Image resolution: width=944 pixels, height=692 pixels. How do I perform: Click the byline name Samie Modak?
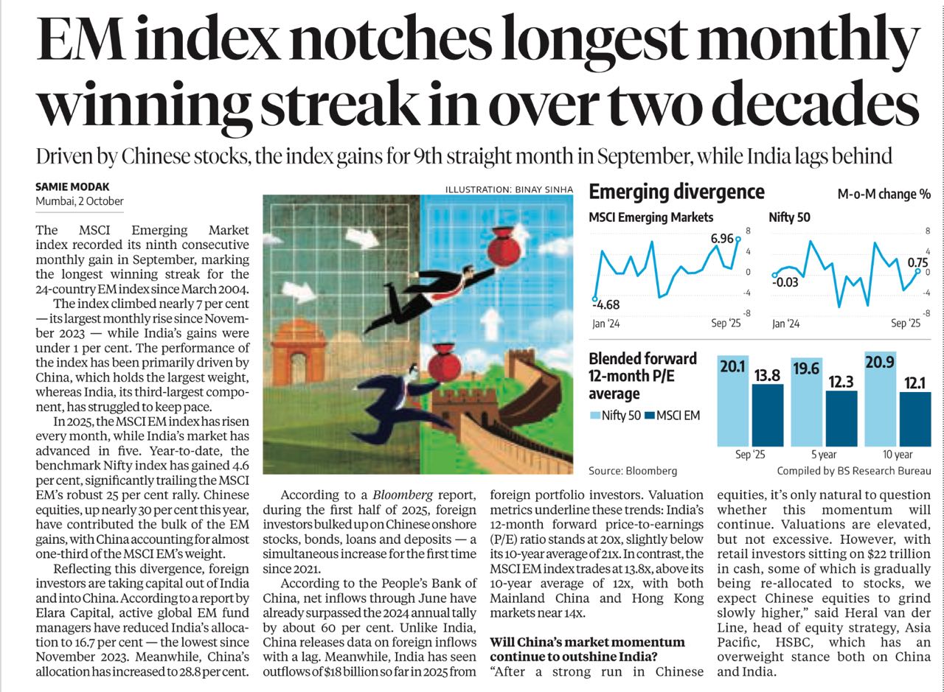click(x=71, y=188)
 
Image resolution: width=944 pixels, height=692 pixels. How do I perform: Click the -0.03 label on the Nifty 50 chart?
click(x=785, y=281)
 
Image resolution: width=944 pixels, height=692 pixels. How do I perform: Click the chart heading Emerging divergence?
click(x=676, y=192)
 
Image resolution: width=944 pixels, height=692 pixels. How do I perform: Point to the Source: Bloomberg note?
click(x=632, y=470)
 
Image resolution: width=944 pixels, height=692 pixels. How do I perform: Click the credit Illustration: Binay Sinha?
click(x=508, y=190)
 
